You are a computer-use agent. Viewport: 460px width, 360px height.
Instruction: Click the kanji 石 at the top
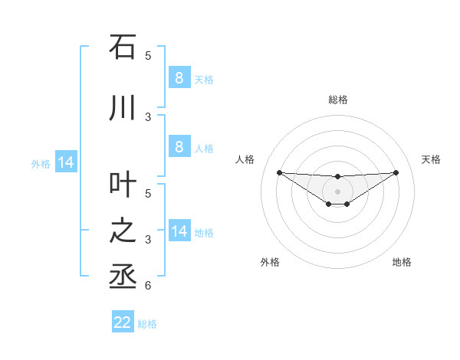point(123,47)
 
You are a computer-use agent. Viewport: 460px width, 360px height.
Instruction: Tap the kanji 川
point(123,108)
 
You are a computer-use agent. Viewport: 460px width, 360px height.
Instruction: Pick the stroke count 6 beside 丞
point(148,286)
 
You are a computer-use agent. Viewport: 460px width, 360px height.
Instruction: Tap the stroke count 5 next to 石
point(148,55)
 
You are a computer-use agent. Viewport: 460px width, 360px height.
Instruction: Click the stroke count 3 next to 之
point(148,240)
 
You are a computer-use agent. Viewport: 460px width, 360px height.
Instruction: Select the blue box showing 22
point(123,322)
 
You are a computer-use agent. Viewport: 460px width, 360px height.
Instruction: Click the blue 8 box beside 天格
point(179,77)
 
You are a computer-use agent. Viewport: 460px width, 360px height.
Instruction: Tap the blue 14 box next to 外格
point(65,162)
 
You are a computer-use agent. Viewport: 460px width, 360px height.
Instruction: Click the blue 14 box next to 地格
point(179,231)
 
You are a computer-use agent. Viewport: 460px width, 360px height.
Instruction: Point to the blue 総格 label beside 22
point(147,324)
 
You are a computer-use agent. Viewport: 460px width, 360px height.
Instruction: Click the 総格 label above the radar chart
point(337,100)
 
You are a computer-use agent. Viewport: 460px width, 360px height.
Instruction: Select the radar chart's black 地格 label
point(402,262)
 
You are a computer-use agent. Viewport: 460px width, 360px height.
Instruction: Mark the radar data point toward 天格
point(396,172)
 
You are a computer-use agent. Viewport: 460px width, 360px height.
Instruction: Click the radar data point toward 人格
point(279,172)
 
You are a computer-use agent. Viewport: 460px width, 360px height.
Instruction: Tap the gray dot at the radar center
point(337,191)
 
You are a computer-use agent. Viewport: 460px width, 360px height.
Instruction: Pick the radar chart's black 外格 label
point(270,262)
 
